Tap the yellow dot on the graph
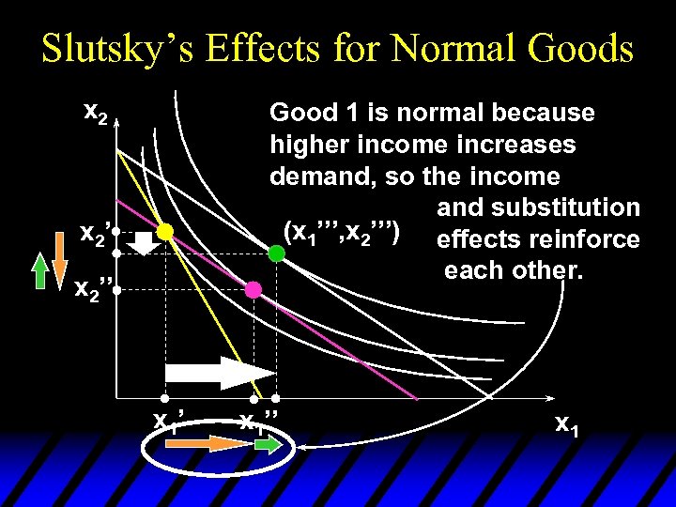pyautogui.click(x=164, y=230)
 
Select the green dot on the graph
pyautogui.click(x=277, y=253)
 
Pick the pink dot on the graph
pyautogui.click(x=253, y=290)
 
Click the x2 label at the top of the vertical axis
pyautogui.click(x=96, y=114)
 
